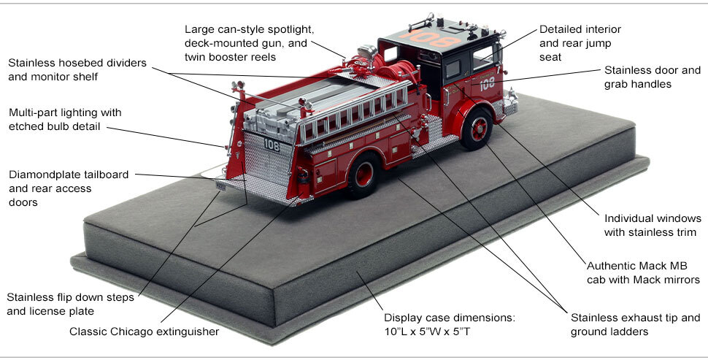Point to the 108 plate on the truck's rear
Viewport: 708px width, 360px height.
272,144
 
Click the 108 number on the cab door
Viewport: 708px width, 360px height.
488,84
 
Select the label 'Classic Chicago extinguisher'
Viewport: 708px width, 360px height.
144,332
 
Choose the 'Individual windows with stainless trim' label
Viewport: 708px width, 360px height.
653,225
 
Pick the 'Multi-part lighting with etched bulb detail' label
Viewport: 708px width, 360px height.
65,120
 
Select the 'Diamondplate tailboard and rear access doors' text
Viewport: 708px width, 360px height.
69,188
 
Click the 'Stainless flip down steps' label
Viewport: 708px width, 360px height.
61,305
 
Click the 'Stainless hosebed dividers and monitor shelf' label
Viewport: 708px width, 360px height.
78,69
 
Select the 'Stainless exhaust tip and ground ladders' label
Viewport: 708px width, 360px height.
635,325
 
